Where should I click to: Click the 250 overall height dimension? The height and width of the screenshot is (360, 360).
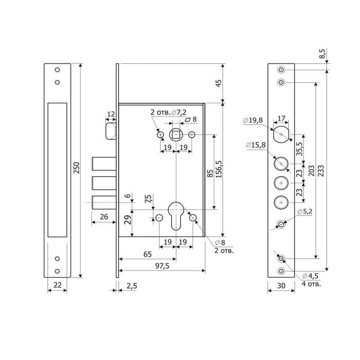click(77, 168)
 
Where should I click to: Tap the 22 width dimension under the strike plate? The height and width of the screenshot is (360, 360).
click(58, 285)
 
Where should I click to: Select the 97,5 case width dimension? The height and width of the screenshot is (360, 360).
click(162, 266)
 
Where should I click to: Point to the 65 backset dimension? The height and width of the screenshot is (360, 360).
click(148, 254)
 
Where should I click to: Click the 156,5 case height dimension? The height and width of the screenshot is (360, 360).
click(219, 169)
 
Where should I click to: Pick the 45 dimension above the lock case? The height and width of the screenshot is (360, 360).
click(219, 83)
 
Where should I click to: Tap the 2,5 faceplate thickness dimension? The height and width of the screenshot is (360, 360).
click(132, 286)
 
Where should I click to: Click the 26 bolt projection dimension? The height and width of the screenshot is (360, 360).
click(104, 217)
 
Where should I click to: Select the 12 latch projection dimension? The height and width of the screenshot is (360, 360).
click(111, 114)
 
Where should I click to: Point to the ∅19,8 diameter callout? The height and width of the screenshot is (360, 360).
click(253, 120)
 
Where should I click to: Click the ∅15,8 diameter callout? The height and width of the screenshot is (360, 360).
click(256, 145)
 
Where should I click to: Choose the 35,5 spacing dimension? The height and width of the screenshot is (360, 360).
click(299, 149)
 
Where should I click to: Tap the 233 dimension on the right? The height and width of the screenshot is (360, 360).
click(320, 171)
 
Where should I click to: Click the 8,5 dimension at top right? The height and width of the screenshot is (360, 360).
click(322, 53)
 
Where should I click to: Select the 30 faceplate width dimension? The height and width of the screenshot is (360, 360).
click(281, 285)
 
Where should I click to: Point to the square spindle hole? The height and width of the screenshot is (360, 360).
click(176, 135)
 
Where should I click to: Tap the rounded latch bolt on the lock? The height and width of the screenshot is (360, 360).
click(111, 131)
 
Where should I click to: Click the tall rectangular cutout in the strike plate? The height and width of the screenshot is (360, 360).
click(58, 170)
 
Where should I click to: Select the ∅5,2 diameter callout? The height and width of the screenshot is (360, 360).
click(305, 211)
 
